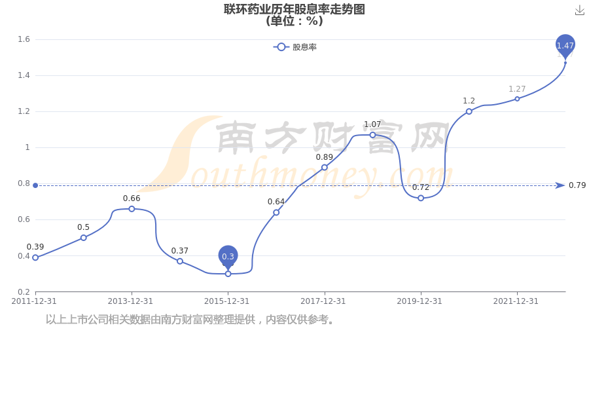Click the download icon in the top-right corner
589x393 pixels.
(580, 10)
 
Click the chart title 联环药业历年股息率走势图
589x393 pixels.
(294, 9)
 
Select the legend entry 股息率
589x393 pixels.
(295, 47)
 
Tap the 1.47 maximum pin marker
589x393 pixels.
(565, 47)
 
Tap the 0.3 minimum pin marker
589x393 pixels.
(228, 257)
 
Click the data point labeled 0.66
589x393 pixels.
(132, 209)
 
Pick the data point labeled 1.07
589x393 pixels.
(372, 135)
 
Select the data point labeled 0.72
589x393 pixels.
(421, 198)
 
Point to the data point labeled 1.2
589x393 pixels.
(469, 111)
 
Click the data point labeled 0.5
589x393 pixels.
(83, 238)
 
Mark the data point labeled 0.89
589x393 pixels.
(324, 168)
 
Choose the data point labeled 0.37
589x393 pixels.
(179, 261)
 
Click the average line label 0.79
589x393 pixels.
(577, 185)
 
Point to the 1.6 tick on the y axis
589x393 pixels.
(24, 39)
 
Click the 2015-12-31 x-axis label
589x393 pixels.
(226, 301)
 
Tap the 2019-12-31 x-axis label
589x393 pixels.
(419, 301)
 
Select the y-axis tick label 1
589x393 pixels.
(27, 147)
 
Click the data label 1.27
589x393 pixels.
(517, 89)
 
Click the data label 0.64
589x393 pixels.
(276, 202)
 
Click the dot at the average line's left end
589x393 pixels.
(35, 185)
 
